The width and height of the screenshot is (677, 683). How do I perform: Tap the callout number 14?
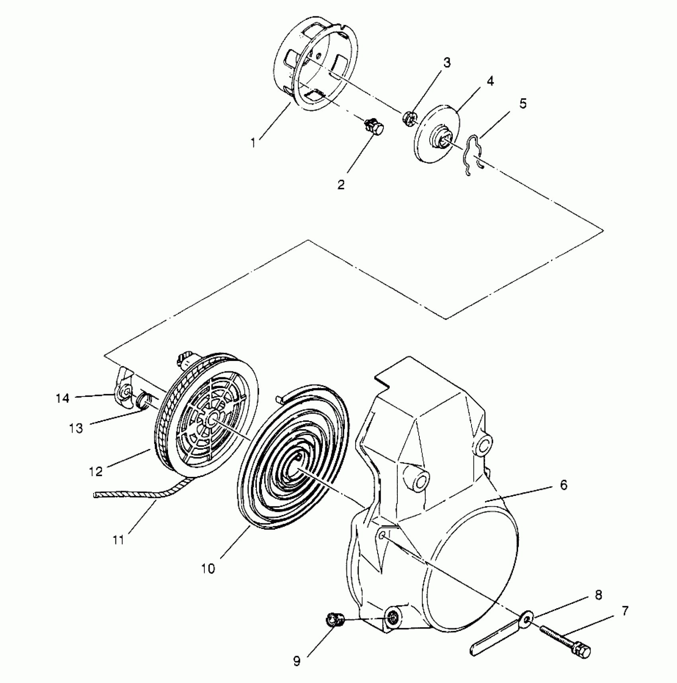(63, 398)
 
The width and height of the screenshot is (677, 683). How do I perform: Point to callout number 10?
(208, 569)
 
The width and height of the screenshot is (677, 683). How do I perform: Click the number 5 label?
(522, 104)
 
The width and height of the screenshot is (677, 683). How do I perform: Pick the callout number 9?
(297, 661)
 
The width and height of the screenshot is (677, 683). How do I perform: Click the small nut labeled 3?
(409, 118)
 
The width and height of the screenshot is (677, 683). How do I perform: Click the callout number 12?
(96, 472)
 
